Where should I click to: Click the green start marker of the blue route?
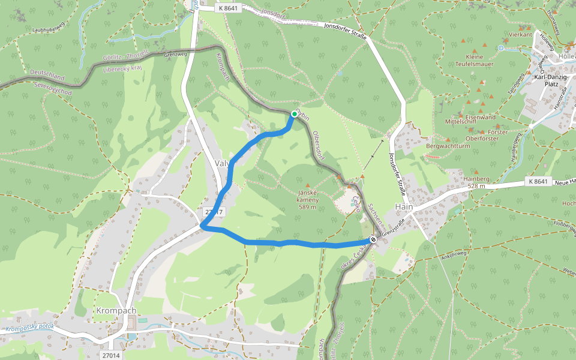coord(295,114)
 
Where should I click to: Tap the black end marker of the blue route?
coord(373,240)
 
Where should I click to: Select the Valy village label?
coord(223,163)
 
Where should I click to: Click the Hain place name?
coord(403,206)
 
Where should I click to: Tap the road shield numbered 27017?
coord(214,212)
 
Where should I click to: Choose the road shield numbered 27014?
coord(112,355)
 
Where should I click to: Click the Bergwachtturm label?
coord(448,146)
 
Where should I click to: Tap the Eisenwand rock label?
coord(481,117)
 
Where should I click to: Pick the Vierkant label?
coord(520,35)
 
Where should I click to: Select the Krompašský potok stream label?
coord(29,329)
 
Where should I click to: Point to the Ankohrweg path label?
coord(454,254)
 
